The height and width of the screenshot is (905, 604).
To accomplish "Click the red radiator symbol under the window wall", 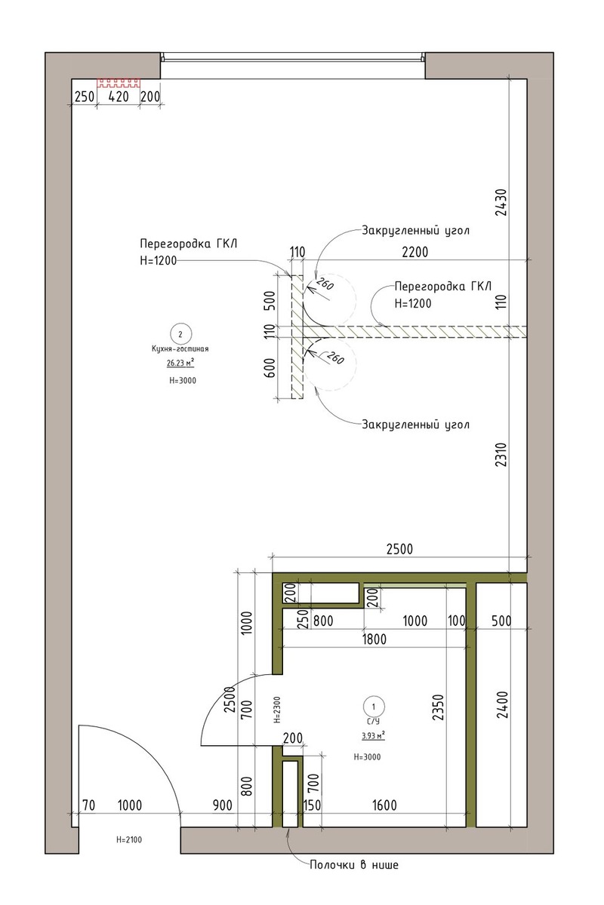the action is pos(118,83).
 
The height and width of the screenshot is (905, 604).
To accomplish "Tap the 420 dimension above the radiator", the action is pos(119,97).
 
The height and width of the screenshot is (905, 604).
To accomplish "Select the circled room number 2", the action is pos(180,334).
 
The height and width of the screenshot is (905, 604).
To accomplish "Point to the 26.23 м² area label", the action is pos(180,364).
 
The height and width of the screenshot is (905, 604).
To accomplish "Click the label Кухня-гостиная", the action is pos(180,348).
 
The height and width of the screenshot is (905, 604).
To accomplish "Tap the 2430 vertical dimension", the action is pos(501,202).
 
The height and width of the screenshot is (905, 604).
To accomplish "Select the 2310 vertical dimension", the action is pos(501,455).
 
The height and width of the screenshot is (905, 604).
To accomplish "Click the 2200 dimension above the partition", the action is pos(415,252).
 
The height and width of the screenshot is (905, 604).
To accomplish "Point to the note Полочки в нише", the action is pos(354,865).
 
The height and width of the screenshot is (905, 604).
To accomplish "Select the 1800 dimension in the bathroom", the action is pos(374,640).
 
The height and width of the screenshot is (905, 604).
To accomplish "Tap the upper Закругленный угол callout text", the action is pos(415,231).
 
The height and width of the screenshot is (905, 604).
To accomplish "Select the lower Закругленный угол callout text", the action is pos(415,425).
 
